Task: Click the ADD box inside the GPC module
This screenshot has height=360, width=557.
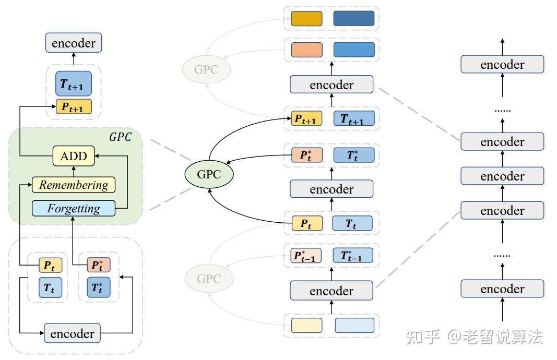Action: (x=74, y=156)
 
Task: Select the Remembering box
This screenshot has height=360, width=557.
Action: (x=74, y=185)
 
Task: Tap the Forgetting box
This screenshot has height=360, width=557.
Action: (x=74, y=208)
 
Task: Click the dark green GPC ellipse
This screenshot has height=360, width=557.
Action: (x=209, y=174)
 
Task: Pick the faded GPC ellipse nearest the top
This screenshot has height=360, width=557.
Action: (x=206, y=69)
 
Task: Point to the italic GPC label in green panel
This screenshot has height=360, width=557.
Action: (x=120, y=137)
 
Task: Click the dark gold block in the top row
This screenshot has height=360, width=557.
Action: (x=306, y=18)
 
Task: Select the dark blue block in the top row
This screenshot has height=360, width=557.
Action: (x=354, y=18)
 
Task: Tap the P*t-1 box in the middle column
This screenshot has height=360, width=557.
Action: (x=305, y=256)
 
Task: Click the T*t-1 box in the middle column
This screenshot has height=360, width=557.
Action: (x=353, y=256)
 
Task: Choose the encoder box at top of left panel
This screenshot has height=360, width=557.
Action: (x=74, y=43)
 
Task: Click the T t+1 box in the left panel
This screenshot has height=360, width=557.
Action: (x=74, y=84)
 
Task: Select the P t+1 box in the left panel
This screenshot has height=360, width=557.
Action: (x=74, y=106)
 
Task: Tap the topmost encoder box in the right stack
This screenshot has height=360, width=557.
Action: (x=502, y=65)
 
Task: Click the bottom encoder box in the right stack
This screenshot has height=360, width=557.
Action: (x=502, y=289)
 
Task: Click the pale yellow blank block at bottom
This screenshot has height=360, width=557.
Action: (x=306, y=325)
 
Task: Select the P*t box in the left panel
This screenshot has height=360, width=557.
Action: (x=98, y=265)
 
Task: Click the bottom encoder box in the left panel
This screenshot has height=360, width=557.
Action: (x=72, y=333)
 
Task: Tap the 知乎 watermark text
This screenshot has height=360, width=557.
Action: (x=423, y=337)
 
